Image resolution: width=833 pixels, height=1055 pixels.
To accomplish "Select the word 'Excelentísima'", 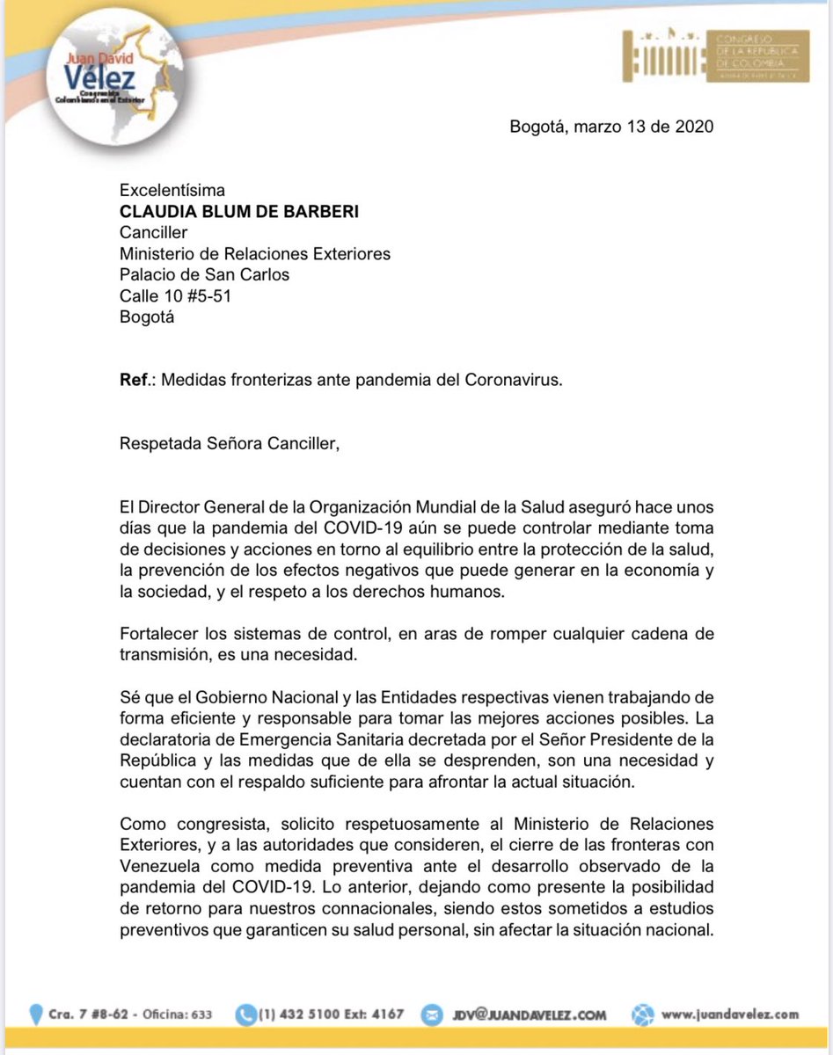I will point(172,190).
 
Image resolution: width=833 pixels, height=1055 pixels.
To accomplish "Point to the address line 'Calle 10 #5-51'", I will point(176,296).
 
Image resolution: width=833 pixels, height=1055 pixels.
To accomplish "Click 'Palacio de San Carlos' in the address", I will point(204,275).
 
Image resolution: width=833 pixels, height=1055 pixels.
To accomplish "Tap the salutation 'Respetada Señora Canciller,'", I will point(229,445).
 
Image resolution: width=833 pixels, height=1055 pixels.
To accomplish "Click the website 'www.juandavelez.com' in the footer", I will point(729,1014).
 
